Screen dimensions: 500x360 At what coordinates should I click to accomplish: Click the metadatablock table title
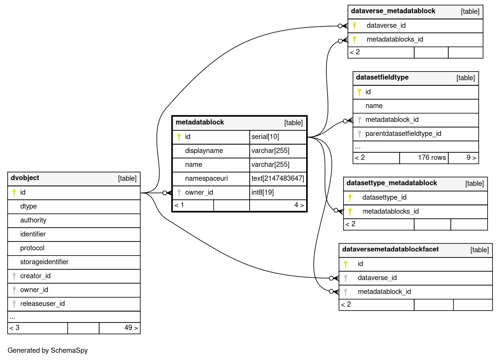pyautogui.click(x=200, y=122)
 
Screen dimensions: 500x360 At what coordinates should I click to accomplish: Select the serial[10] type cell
pyautogui.click(x=265, y=137)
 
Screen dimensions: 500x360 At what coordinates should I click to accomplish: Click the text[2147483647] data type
pyautogui.click(x=278, y=178)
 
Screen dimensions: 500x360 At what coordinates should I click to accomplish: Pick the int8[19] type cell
pyautogui.click(x=263, y=192)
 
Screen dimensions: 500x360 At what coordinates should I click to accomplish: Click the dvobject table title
pyautogui.click(x=25, y=178)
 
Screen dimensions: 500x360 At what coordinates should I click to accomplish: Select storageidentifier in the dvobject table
pyautogui.click(x=45, y=262)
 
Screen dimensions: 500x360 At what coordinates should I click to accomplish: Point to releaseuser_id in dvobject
pyautogui.click(x=42, y=304)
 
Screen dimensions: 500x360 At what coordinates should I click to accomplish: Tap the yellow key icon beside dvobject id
pyautogui.click(x=14, y=193)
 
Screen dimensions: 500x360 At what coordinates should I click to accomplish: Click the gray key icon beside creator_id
pyautogui.click(x=14, y=276)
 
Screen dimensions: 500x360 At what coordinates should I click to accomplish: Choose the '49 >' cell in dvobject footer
pyautogui.click(x=131, y=328)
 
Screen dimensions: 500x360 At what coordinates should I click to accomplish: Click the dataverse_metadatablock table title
pyautogui.click(x=393, y=11)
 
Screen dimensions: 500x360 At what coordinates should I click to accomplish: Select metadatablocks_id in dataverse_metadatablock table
pyautogui.click(x=395, y=39)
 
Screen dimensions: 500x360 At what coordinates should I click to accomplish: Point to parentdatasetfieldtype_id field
pyautogui.click(x=403, y=133)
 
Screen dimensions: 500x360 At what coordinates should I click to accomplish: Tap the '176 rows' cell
pyautogui.click(x=432, y=157)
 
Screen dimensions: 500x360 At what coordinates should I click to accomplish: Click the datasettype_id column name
pyautogui.click(x=384, y=197)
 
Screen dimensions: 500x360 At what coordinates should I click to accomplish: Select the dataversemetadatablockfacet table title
pyautogui.click(x=391, y=249)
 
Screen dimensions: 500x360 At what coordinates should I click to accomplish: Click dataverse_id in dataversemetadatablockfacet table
pyautogui.click(x=377, y=277)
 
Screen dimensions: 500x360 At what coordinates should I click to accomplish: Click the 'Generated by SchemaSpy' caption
pyautogui.click(x=47, y=351)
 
